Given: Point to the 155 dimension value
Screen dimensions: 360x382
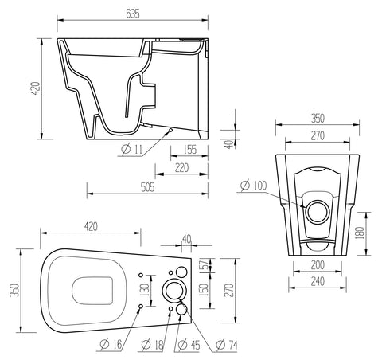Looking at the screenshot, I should tap(190, 149).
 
